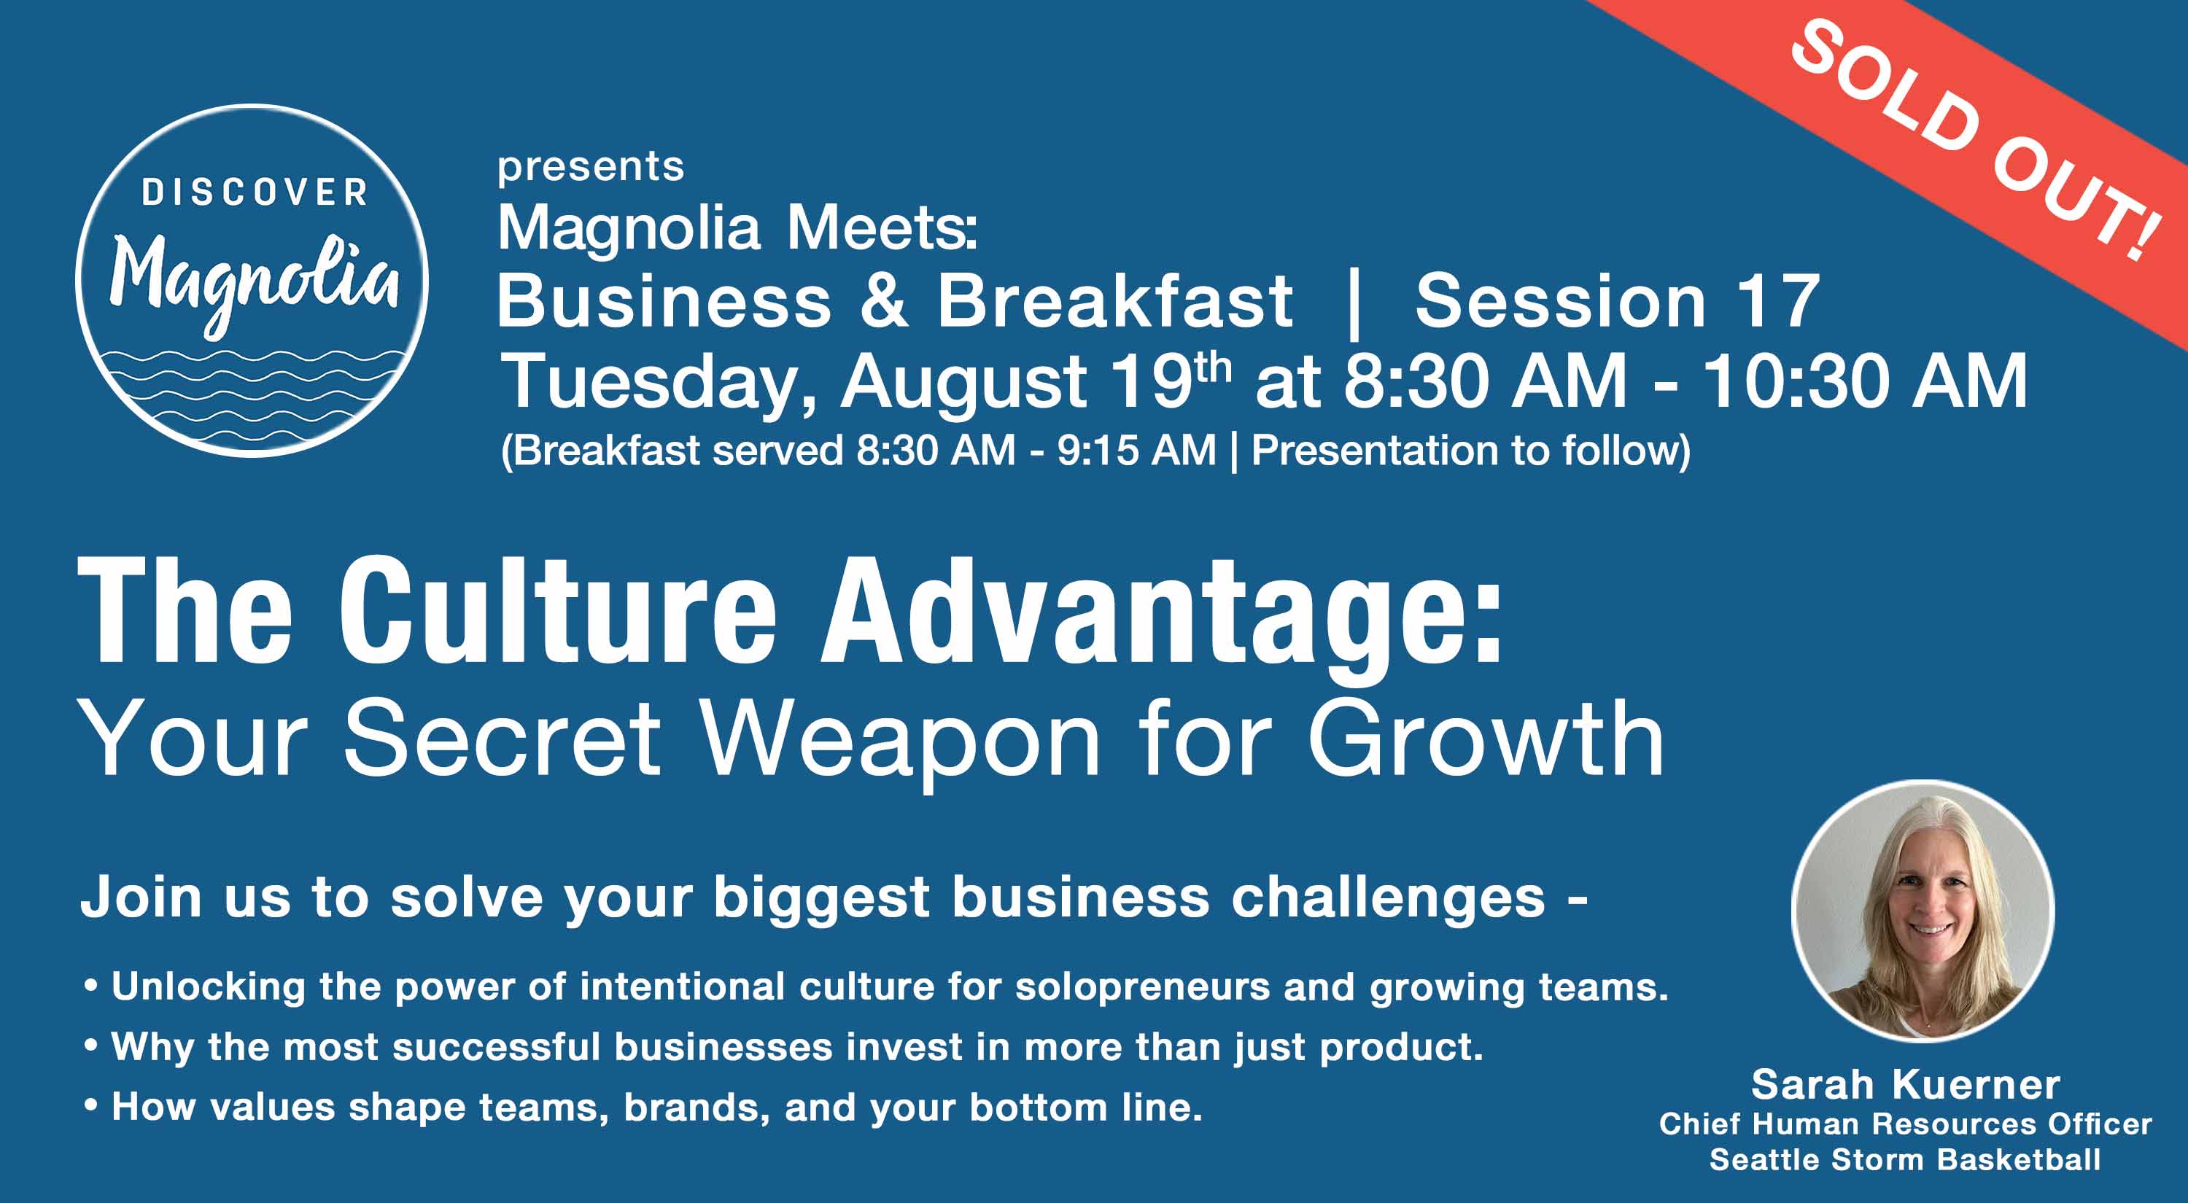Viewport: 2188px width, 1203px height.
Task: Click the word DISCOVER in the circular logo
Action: (254, 192)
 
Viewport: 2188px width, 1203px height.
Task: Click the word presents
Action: (590, 167)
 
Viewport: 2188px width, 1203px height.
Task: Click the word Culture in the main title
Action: (558, 611)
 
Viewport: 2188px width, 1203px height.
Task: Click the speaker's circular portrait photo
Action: (1923, 911)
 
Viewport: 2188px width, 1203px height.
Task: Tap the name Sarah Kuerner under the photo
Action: (1905, 1084)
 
